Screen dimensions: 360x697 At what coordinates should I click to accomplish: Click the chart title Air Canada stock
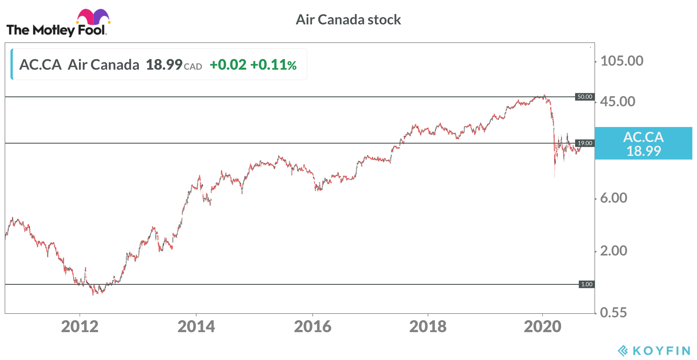tap(348, 20)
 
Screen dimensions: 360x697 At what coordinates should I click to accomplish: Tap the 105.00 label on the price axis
tap(622, 61)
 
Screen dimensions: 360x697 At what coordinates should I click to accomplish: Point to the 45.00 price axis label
tap(618, 102)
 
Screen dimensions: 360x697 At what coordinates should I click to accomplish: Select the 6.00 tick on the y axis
tap(614, 198)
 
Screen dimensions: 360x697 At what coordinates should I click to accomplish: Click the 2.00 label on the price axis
tap(614, 251)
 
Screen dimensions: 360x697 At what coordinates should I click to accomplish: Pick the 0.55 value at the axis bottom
tap(613, 313)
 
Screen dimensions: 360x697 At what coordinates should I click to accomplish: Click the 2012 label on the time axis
tap(80, 327)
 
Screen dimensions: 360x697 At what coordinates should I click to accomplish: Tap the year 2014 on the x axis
tap(196, 327)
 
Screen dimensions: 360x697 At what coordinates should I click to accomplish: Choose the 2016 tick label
tap(313, 327)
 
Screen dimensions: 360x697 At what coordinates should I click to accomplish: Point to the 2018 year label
tap(428, 327)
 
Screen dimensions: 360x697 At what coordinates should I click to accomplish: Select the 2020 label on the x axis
tap(542, 327)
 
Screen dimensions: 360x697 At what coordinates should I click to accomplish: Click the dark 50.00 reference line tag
tap(585, 97)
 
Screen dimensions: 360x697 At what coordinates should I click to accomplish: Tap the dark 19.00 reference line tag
tap(585, 143)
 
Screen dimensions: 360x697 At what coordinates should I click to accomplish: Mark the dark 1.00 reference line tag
tap(587, 284)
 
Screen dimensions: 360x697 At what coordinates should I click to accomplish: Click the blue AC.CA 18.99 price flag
tap(644, 143)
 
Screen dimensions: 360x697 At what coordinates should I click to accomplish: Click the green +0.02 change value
tap(228, 64)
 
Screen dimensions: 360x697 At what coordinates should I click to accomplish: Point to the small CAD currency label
tap(193, 67)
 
